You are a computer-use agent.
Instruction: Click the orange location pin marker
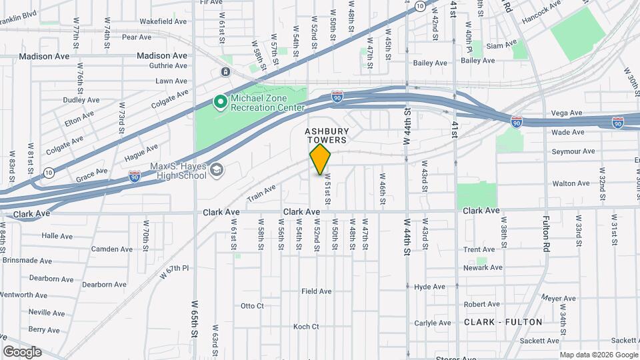(320, 159)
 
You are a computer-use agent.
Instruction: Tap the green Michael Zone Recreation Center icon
(220, 102)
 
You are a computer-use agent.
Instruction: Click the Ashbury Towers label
(327, 136)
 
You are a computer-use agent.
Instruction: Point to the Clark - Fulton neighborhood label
(503, 322)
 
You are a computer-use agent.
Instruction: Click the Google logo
(22, 352)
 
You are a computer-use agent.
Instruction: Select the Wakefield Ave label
(163, 21)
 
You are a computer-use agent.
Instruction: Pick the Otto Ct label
(253, 306)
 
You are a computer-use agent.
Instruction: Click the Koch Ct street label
(306, 327)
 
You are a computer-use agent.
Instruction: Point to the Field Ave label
(317, 291)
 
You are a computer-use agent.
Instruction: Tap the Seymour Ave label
(573, 152)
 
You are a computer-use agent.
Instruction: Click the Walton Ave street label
(571, 183)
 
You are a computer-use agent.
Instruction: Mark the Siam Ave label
(501, 45)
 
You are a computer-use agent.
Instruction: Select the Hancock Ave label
(541, 15)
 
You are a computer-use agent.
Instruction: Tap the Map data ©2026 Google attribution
(599, 355)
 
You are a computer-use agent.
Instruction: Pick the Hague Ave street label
(141, 154)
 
